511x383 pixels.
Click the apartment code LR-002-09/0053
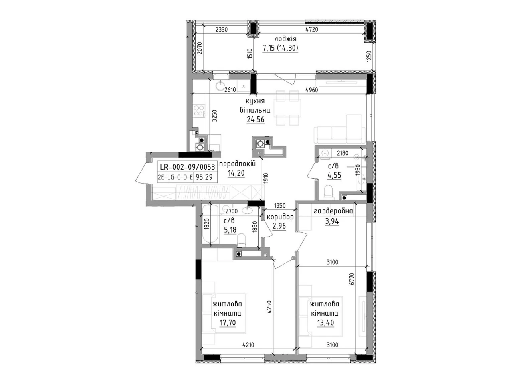187,167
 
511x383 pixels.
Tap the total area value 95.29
204,177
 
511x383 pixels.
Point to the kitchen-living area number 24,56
255,120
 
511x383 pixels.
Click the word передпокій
238,164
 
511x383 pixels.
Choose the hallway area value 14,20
236,173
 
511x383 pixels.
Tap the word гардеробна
333,211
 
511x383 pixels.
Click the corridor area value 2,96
279,226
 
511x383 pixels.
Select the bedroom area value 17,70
227,322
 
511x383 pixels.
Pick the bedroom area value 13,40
325,322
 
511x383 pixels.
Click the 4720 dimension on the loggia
311,30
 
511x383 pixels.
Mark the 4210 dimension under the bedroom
248,345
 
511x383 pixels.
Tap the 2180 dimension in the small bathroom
343,153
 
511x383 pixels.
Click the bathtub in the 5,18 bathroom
211,224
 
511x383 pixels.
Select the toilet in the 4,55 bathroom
329,192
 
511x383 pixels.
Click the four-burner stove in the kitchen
200,111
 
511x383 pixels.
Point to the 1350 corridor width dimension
279,206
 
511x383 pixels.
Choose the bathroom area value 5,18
230,230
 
